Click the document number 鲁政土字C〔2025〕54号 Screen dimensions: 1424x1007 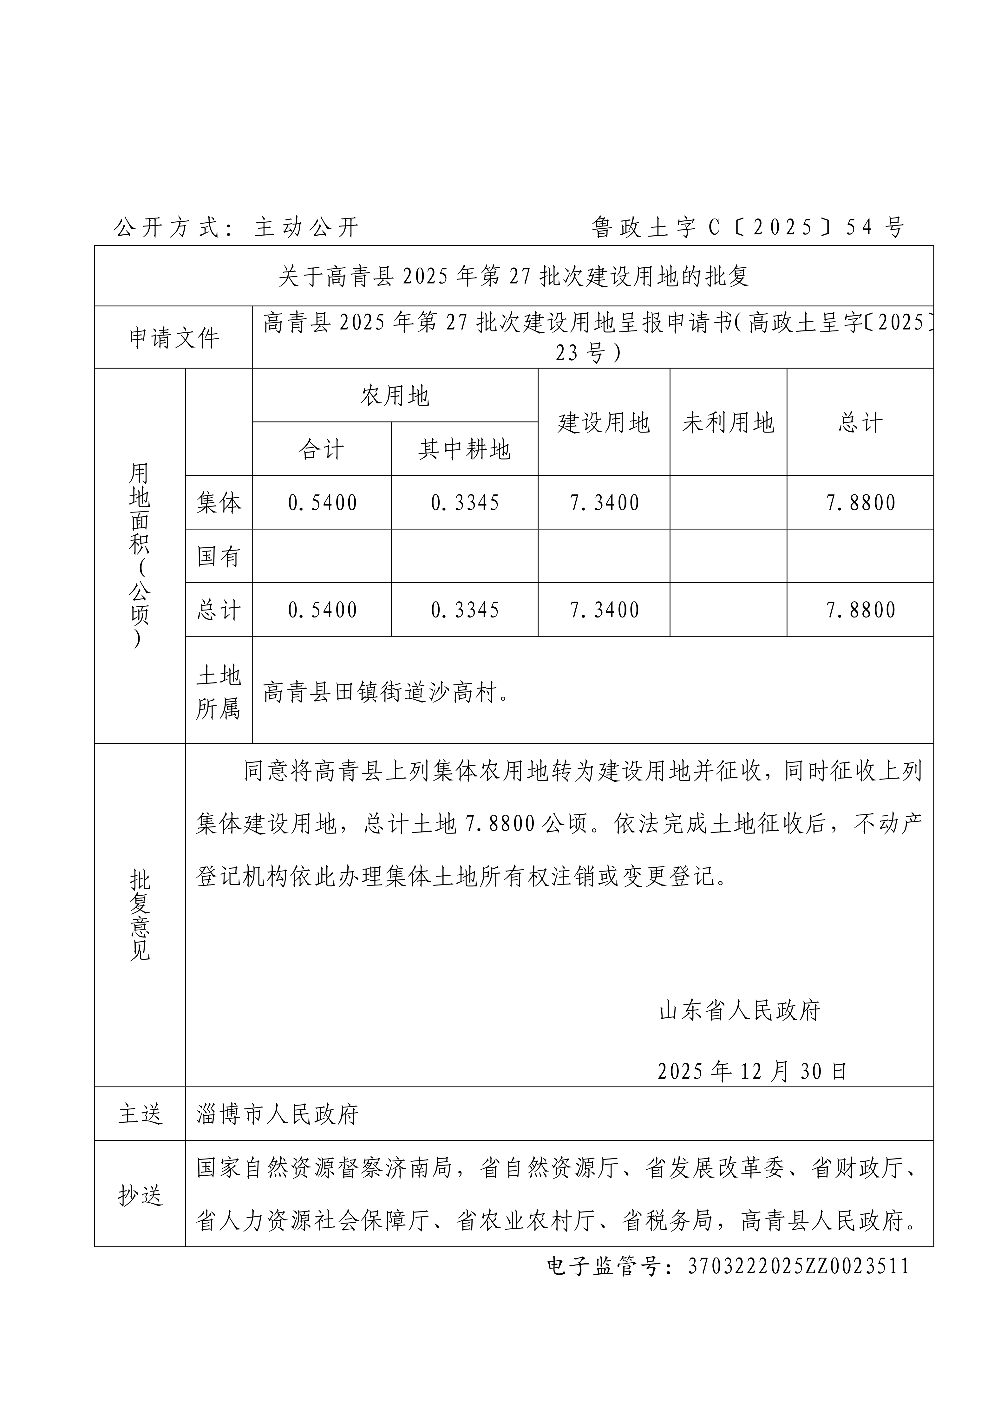pos(747,228)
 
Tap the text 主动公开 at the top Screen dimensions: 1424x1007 pos(306,228)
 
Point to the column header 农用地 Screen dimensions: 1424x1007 pos(395,396)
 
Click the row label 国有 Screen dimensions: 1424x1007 pos(218,556)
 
